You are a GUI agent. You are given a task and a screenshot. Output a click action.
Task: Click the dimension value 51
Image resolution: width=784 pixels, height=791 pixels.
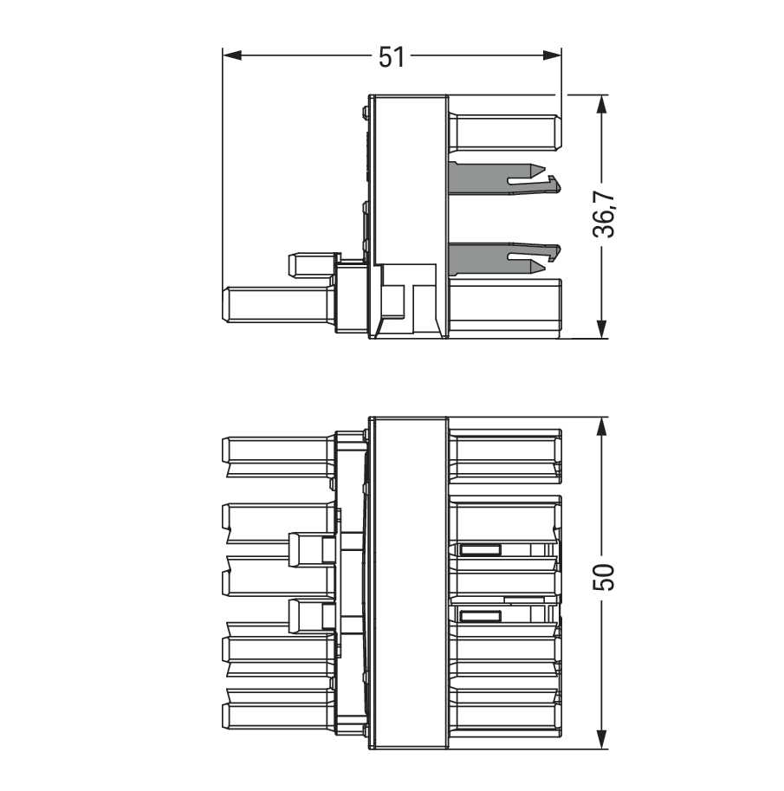click(x=392, y=57)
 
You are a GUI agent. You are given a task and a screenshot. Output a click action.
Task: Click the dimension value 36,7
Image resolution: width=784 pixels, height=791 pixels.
click(x=604, y=214)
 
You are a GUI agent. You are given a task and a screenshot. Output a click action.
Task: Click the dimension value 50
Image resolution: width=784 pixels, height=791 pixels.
click(x=604, y=577)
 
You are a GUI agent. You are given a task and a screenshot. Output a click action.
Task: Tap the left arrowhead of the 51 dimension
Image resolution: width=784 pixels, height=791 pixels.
click(x=232, y=55)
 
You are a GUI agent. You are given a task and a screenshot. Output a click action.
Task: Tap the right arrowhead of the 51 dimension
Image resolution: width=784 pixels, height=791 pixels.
click(x=552, y=55)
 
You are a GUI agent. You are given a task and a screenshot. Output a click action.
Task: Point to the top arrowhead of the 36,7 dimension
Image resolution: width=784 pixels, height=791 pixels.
click(x=601, y=104)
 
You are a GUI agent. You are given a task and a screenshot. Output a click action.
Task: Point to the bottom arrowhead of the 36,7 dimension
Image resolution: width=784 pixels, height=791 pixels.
click(x=601, y=328)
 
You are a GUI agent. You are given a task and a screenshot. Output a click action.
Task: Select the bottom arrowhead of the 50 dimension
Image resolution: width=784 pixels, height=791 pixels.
click(x=601, y=739)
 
